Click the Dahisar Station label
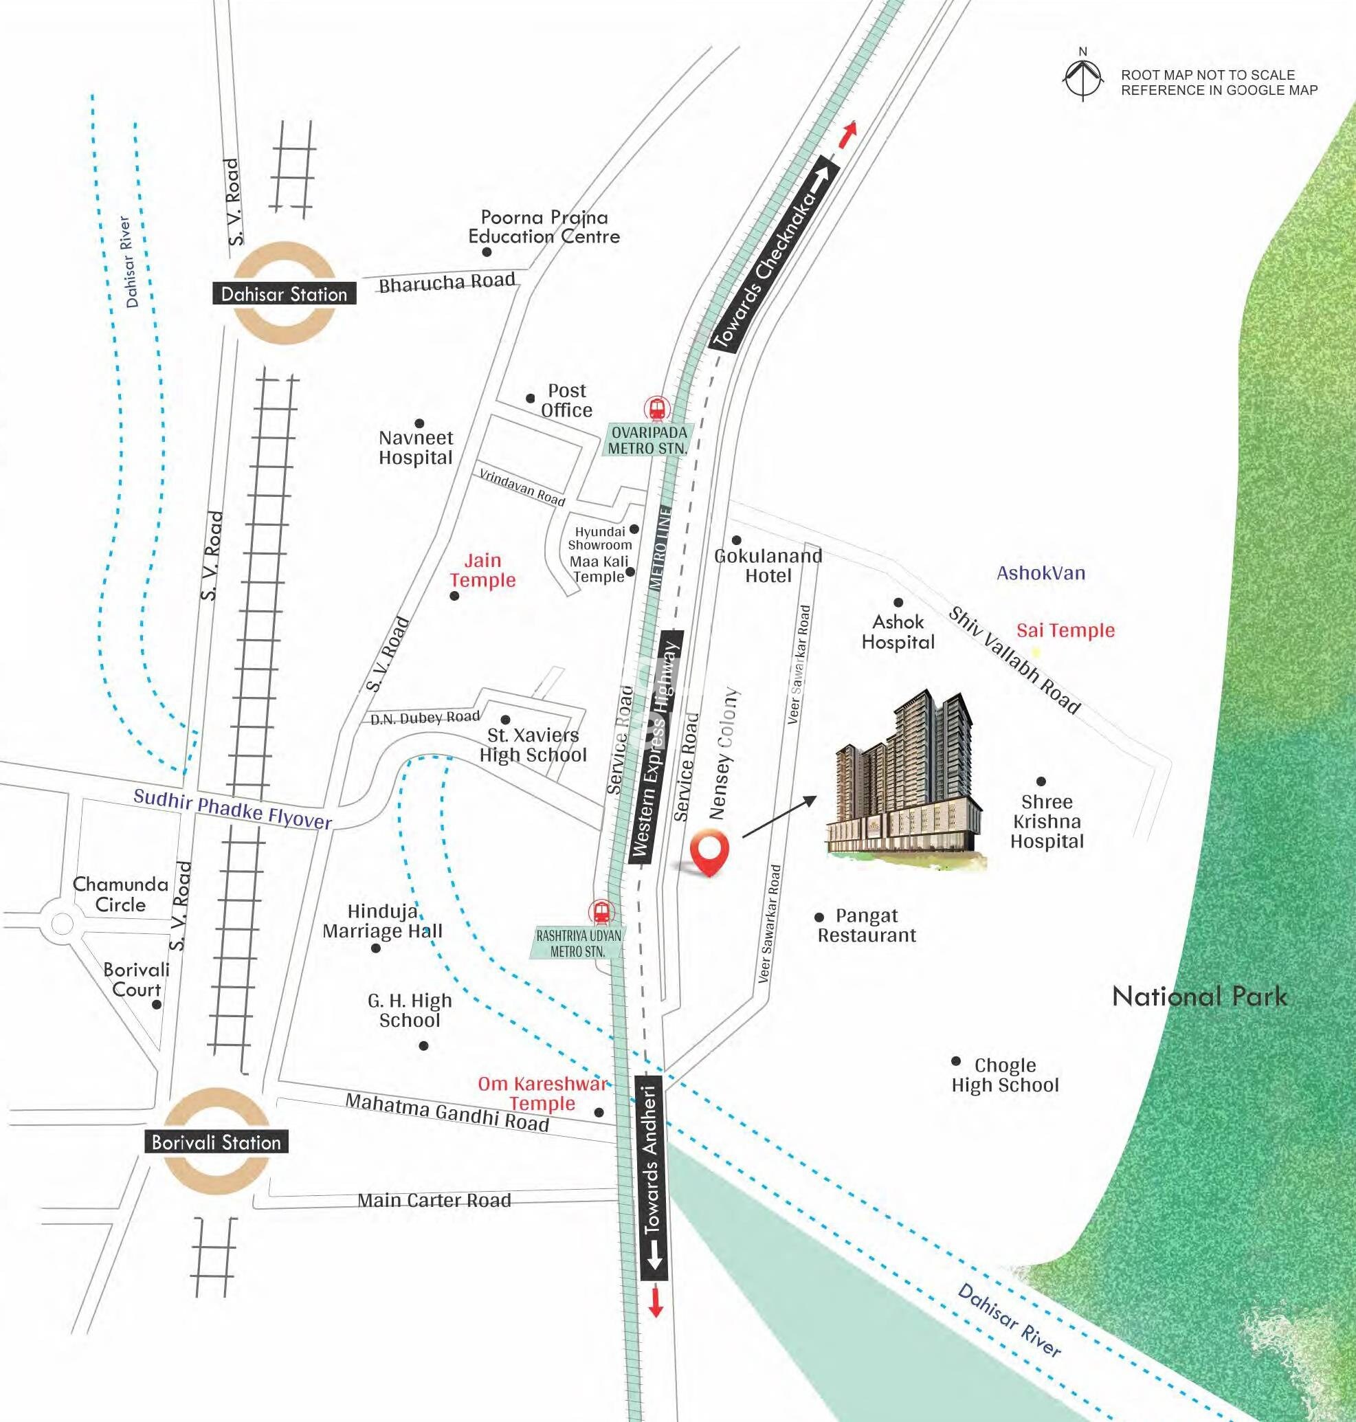284,293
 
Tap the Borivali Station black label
216,1142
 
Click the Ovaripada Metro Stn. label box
647,441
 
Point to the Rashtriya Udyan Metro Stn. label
578,944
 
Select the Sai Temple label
1065,630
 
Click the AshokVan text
1041,573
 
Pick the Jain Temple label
483,570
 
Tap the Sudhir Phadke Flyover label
233,809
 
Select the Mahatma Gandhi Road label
447,1112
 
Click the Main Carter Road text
434,1200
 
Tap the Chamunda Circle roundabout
62,923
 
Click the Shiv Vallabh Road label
1014,660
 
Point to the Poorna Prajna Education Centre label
544,227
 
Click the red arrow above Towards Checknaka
847,135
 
